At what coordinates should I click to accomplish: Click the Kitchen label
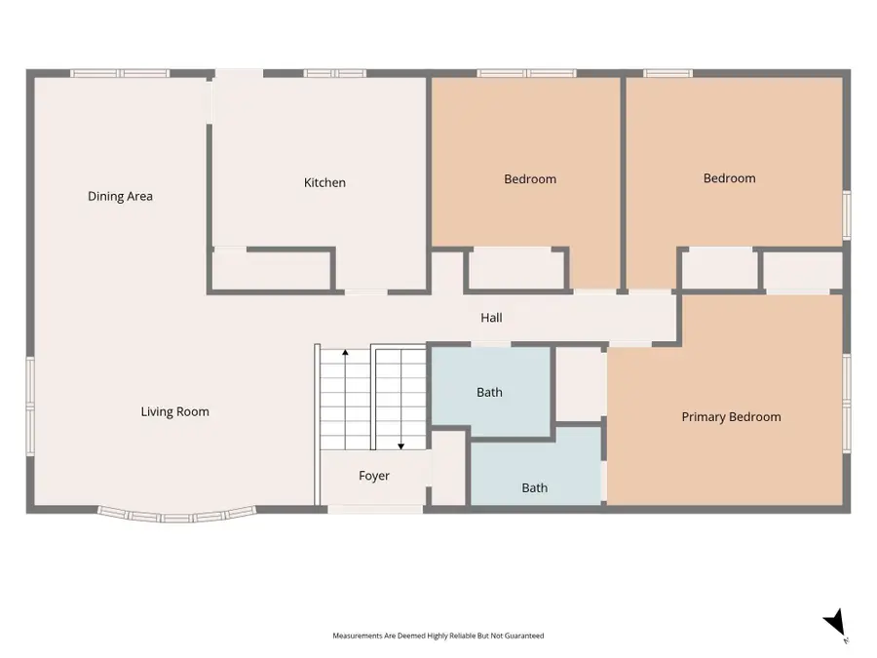pyautogui.click(x=324, y=182)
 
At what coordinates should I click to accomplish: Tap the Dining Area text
pyautogui.click(x=120, y=196)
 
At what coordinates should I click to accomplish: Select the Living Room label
pyautogui.click(x=175, y=411)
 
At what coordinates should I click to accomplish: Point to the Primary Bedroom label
pyautogui.click(x=731, y=417)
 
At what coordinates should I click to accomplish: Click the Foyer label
pyautogui.click(x=374, y=476)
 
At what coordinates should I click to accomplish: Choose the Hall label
pyautogui.click(x=492, y=318)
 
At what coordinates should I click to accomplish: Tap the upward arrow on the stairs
pyautogui.click(x=346, y=399)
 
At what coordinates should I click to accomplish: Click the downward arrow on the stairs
pyautogui.click(x=401, y=399)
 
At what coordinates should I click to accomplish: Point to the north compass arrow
pyautogui.click(x=835, y=622)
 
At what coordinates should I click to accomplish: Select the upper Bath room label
pyautogui.click(x=489, y=392)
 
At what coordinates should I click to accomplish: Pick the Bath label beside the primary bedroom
pyautogui.click(x=535, y=488)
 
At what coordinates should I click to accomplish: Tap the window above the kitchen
pyautogui.click(x=335, y=73)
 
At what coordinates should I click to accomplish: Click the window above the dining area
pyautogui.click(x=120, y=73)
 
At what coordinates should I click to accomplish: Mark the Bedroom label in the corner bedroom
pyautogui.click(x=729, y=178)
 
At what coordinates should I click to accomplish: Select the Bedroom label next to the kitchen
pyautogui.click(x=530, y=179)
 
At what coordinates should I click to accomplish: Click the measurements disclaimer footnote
pyautogui.click(x=438, y=636)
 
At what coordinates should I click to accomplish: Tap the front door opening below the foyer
pyautogui.click(x=375, y=509)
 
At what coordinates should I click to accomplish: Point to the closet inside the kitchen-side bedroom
pyautogui.click(x=516, y=269)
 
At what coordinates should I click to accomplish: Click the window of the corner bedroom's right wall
pyautogui.click(x=847, y=215)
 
